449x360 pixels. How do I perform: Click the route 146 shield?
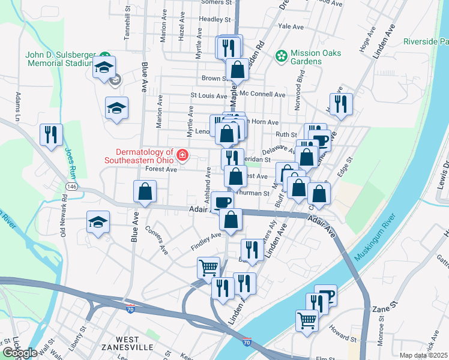tap(72, 187)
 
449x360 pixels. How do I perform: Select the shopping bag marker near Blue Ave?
tap(145, 193)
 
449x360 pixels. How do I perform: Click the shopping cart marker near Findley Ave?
tap(208, 268)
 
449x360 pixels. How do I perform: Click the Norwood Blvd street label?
tap(298, 93)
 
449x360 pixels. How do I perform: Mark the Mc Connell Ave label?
tap(262, 95)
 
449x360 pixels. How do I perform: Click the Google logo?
tap(20, 353)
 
